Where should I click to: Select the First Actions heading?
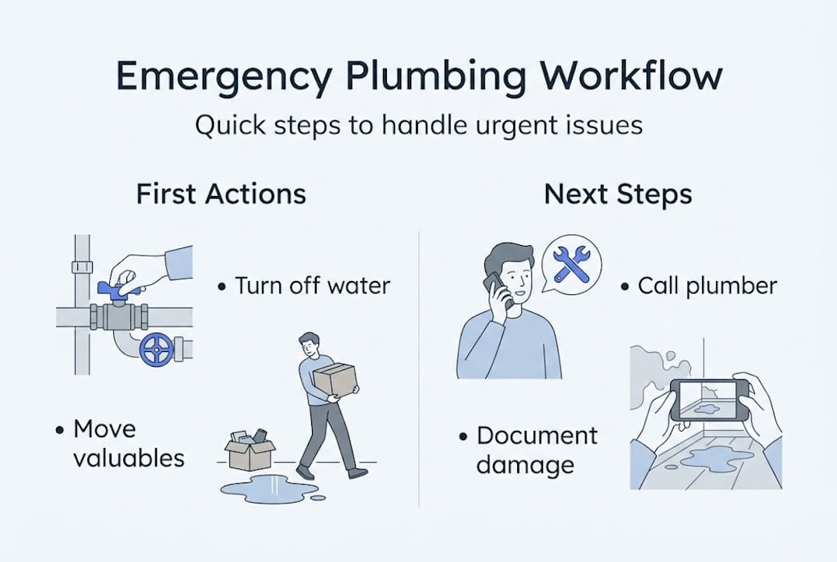[x=221, y=194]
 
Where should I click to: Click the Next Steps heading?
[x=618, y=194]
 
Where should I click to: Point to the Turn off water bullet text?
[x=312, y=286]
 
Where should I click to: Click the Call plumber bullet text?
[x=708, y=286]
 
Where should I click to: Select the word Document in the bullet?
[x=537, y=436]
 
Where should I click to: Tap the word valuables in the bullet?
[x=129, y=458]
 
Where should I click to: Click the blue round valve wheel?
[x=157, y=350]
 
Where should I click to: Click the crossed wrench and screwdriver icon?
[x=572, y=263]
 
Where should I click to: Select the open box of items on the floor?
[x=250, y=450]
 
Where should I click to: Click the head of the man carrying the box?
[x=309, y=345]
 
